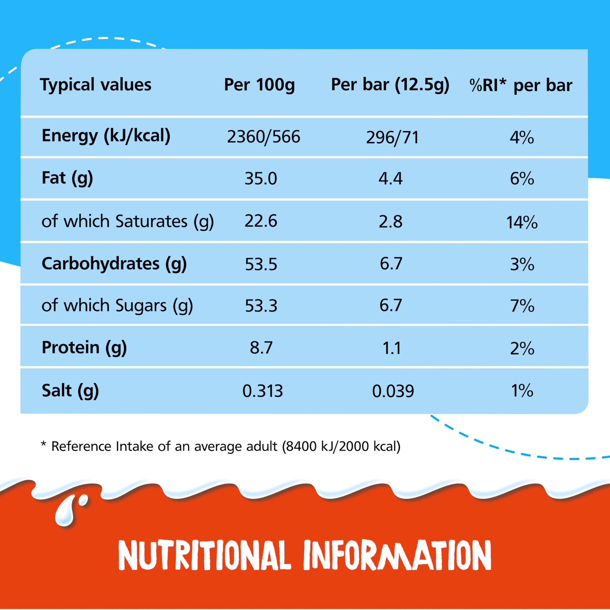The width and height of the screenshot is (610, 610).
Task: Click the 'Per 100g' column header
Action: click(259, 85)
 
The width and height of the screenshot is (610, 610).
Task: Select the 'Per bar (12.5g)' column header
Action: click(390, 85)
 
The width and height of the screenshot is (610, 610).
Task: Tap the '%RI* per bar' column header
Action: click(521, 86)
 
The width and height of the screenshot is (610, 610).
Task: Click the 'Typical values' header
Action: click(96, 85)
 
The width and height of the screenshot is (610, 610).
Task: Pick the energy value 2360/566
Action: click(263, 137)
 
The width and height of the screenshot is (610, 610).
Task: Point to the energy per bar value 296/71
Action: click(392, 138)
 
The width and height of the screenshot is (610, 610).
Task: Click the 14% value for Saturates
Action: click(522, 222)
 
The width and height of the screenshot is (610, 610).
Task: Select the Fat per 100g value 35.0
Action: click(261, 179)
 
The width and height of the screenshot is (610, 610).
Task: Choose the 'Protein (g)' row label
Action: click(84, 348)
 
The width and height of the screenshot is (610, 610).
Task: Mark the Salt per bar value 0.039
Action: click(393, 391)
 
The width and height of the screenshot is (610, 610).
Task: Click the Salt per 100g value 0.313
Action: click(262, 391)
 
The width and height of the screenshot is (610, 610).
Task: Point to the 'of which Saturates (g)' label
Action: click(127, 221)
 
